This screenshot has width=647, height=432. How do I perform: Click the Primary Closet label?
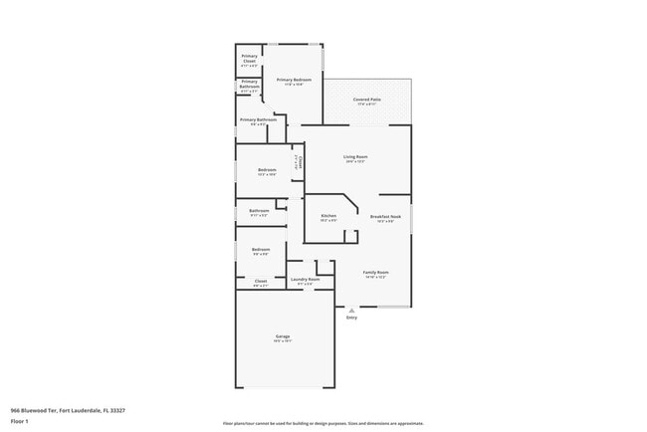[249, 59]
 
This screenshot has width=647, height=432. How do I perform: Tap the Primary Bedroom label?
[294, 80]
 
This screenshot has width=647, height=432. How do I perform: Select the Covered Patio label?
[367, 101]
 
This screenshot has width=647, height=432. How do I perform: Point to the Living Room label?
[355, 157]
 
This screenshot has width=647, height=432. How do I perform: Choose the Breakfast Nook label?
[385, 217]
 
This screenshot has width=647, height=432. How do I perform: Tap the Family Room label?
[375, 273]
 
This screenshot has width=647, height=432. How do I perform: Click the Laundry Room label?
[305, 280]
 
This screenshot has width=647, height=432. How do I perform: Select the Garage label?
[283, 336]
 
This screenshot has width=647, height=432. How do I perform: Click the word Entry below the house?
[351, 318]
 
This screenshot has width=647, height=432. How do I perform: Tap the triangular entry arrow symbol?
[351, 310]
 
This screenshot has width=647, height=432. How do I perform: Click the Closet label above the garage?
[260, 282]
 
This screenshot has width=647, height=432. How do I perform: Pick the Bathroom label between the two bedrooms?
[259, 211]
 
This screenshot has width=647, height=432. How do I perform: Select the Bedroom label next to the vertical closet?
[267, 170]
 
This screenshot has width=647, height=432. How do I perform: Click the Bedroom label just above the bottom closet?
[261, 249]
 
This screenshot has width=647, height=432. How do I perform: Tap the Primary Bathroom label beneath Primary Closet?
[249, 84]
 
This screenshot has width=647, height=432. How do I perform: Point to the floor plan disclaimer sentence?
[323, 423]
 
